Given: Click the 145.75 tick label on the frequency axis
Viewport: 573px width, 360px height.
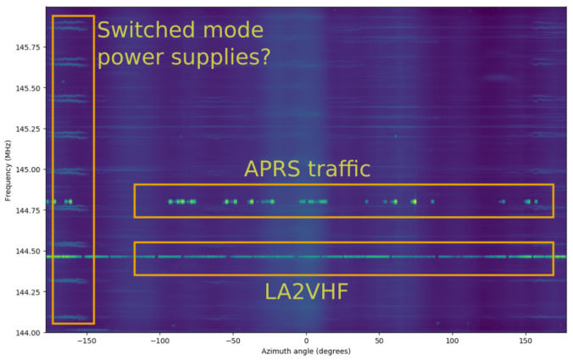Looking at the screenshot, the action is [28, 47].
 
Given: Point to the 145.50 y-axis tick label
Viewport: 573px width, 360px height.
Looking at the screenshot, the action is [28, 88].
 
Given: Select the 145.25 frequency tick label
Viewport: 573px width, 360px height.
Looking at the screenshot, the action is [28, 129].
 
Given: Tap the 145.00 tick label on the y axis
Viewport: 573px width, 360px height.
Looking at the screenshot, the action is [28, 169].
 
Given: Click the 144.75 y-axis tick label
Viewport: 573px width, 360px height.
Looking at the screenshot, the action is [28, 210].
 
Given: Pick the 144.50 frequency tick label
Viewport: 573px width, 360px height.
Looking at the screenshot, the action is [28, 252].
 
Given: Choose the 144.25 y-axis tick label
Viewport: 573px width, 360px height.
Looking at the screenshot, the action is [28, 291].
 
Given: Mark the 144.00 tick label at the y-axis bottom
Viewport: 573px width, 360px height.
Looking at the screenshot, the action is [28, 333].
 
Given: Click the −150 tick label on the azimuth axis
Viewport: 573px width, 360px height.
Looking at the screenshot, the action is [86, 341].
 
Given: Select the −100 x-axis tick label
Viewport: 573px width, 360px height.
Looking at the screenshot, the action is [159, 341].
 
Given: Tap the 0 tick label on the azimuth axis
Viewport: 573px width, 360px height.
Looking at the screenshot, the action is [306, 341].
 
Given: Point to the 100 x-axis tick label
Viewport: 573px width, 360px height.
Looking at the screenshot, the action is [453, 341].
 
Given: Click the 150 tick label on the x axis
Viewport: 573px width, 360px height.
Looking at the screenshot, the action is [526, 341].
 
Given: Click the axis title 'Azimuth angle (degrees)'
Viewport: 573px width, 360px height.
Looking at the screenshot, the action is [306, 352].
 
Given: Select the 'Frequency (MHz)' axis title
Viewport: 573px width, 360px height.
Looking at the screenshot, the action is [8, 170].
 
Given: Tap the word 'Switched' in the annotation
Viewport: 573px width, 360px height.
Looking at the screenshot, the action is [147, 30].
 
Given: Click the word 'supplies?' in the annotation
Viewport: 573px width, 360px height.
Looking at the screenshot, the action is [221, 58].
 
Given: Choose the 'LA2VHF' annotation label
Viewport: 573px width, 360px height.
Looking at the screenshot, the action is [306, 291].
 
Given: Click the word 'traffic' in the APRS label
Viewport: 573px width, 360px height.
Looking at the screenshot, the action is [339, 169].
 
